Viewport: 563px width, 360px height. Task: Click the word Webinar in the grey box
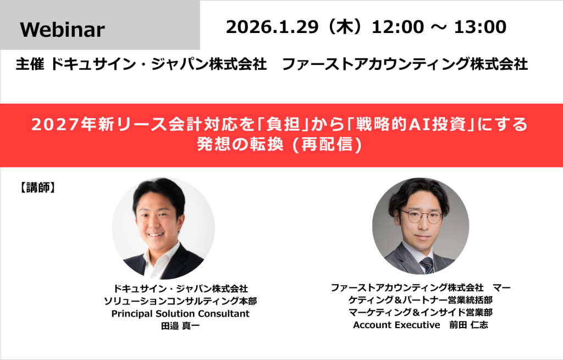pos(62,30)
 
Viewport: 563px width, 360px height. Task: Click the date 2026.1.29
pos(269,26)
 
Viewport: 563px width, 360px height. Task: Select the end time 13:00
pos(480,26)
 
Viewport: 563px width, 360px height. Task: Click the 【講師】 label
pos(37,187)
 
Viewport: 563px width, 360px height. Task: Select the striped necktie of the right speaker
pos(427,265)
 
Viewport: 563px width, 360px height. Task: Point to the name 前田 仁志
pos(466,325)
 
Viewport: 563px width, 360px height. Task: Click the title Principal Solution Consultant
pos(180,314)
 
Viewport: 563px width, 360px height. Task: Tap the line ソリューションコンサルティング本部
pos(180,301)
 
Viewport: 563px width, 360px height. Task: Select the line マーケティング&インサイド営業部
pos(421,312)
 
